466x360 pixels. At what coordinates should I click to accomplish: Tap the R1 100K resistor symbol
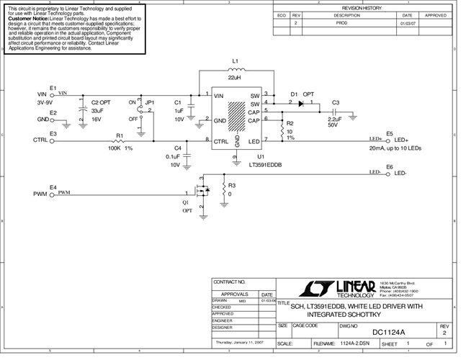tap(120, 140)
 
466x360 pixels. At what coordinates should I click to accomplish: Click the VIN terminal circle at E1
tap(52, 94)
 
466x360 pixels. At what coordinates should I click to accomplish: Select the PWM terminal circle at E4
tap(52, 194)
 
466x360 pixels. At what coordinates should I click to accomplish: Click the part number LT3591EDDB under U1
tap(265, 165)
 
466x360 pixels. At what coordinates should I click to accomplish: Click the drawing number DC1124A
tap(388, 332)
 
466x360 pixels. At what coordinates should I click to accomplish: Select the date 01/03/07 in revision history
tap(407, 23)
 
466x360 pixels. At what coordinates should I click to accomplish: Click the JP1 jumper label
tap(150, 102)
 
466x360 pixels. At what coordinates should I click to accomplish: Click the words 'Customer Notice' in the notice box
tap(29, 17)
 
